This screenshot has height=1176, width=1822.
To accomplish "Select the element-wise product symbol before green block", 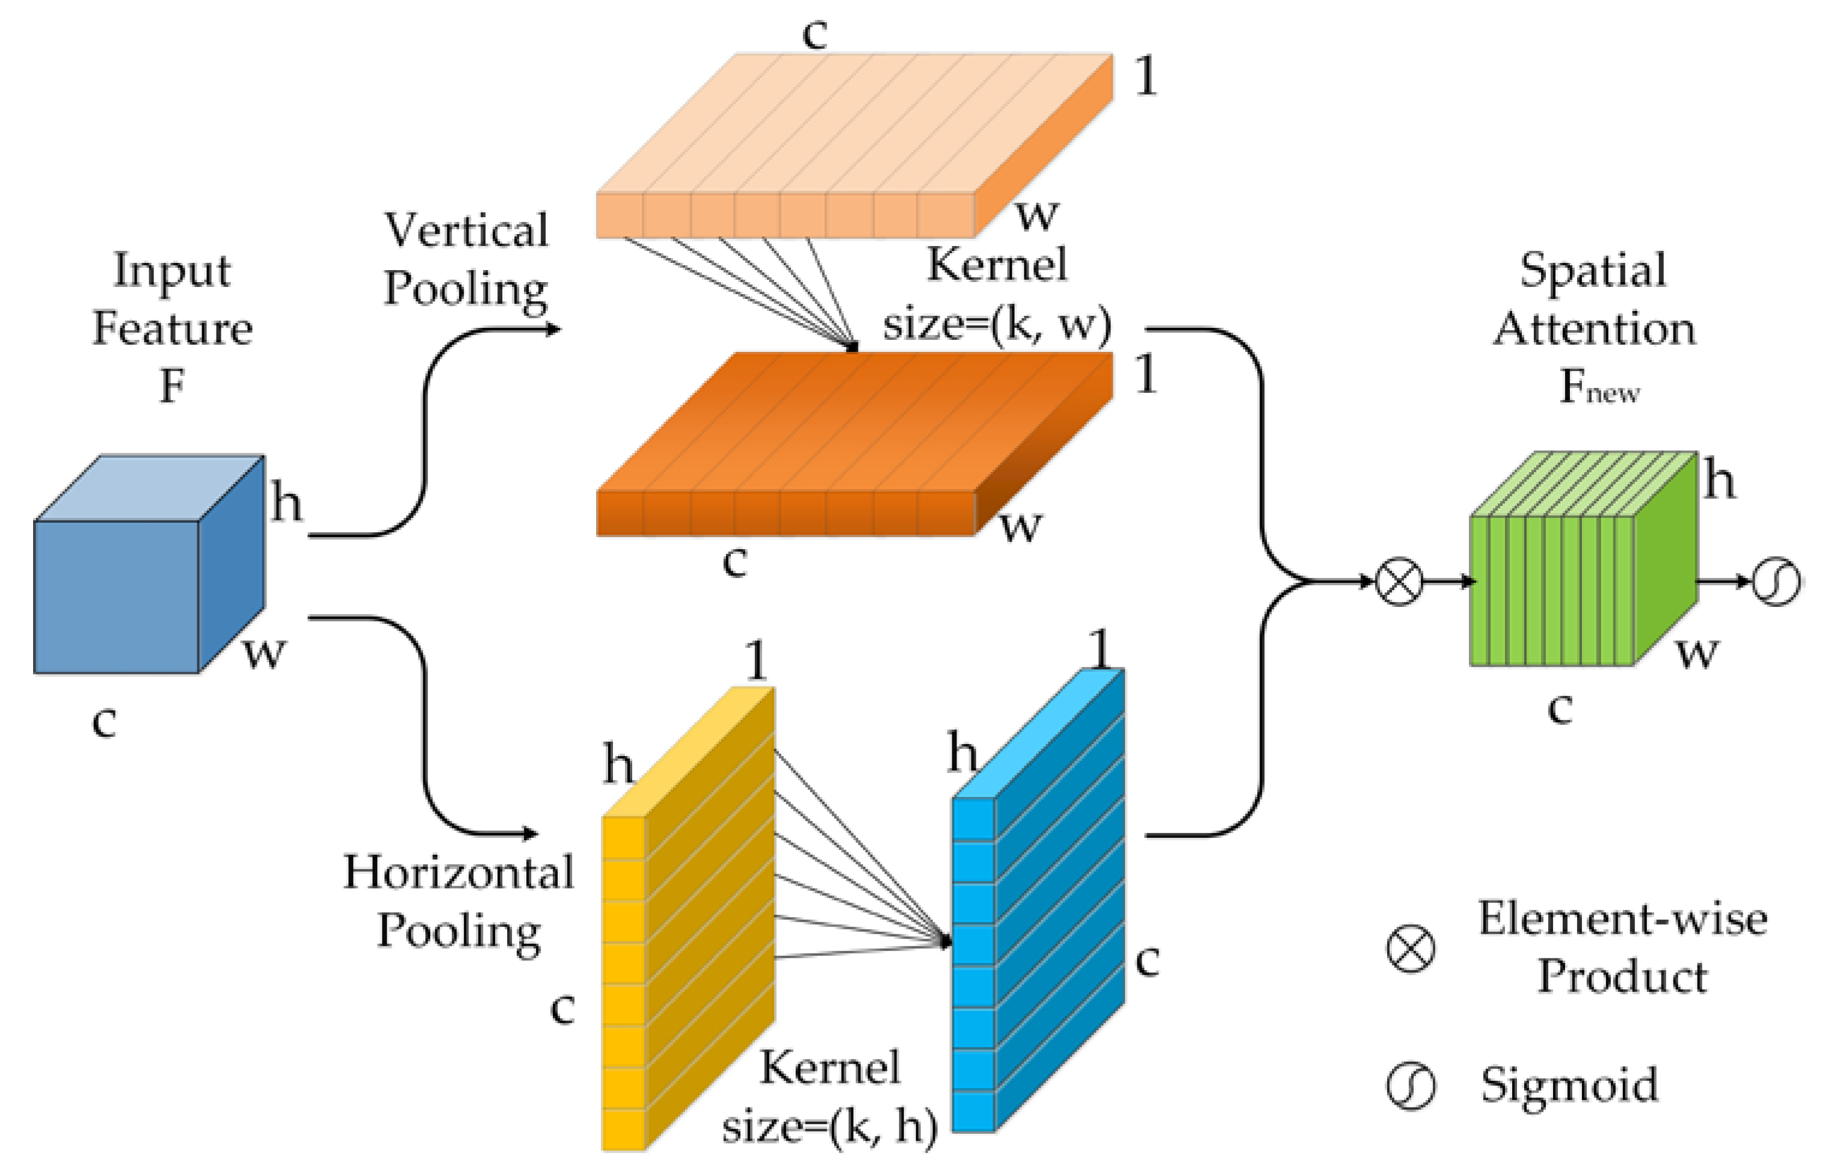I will click(x=1399, y=581).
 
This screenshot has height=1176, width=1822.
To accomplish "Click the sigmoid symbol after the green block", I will click(x=1776, y=581).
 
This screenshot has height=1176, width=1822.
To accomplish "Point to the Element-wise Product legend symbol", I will click(x=1409, y=949).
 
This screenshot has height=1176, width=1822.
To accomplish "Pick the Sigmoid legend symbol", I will click(x=1409, y=1085).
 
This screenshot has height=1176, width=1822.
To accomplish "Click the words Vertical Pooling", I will click(x=466, y=260).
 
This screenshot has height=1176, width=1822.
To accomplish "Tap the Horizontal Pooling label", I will click(x=458, y=901).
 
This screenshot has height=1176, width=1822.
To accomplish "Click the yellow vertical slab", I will click(x=688, y=916).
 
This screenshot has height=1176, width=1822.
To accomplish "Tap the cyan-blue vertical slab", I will click(x=1039, y=901).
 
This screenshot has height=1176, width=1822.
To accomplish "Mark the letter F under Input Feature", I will click(x=172, y=386).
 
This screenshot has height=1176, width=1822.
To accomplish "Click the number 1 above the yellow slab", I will click(x=756, y=660).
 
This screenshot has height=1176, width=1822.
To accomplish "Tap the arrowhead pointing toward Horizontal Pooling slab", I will click(x=531, y=833).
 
